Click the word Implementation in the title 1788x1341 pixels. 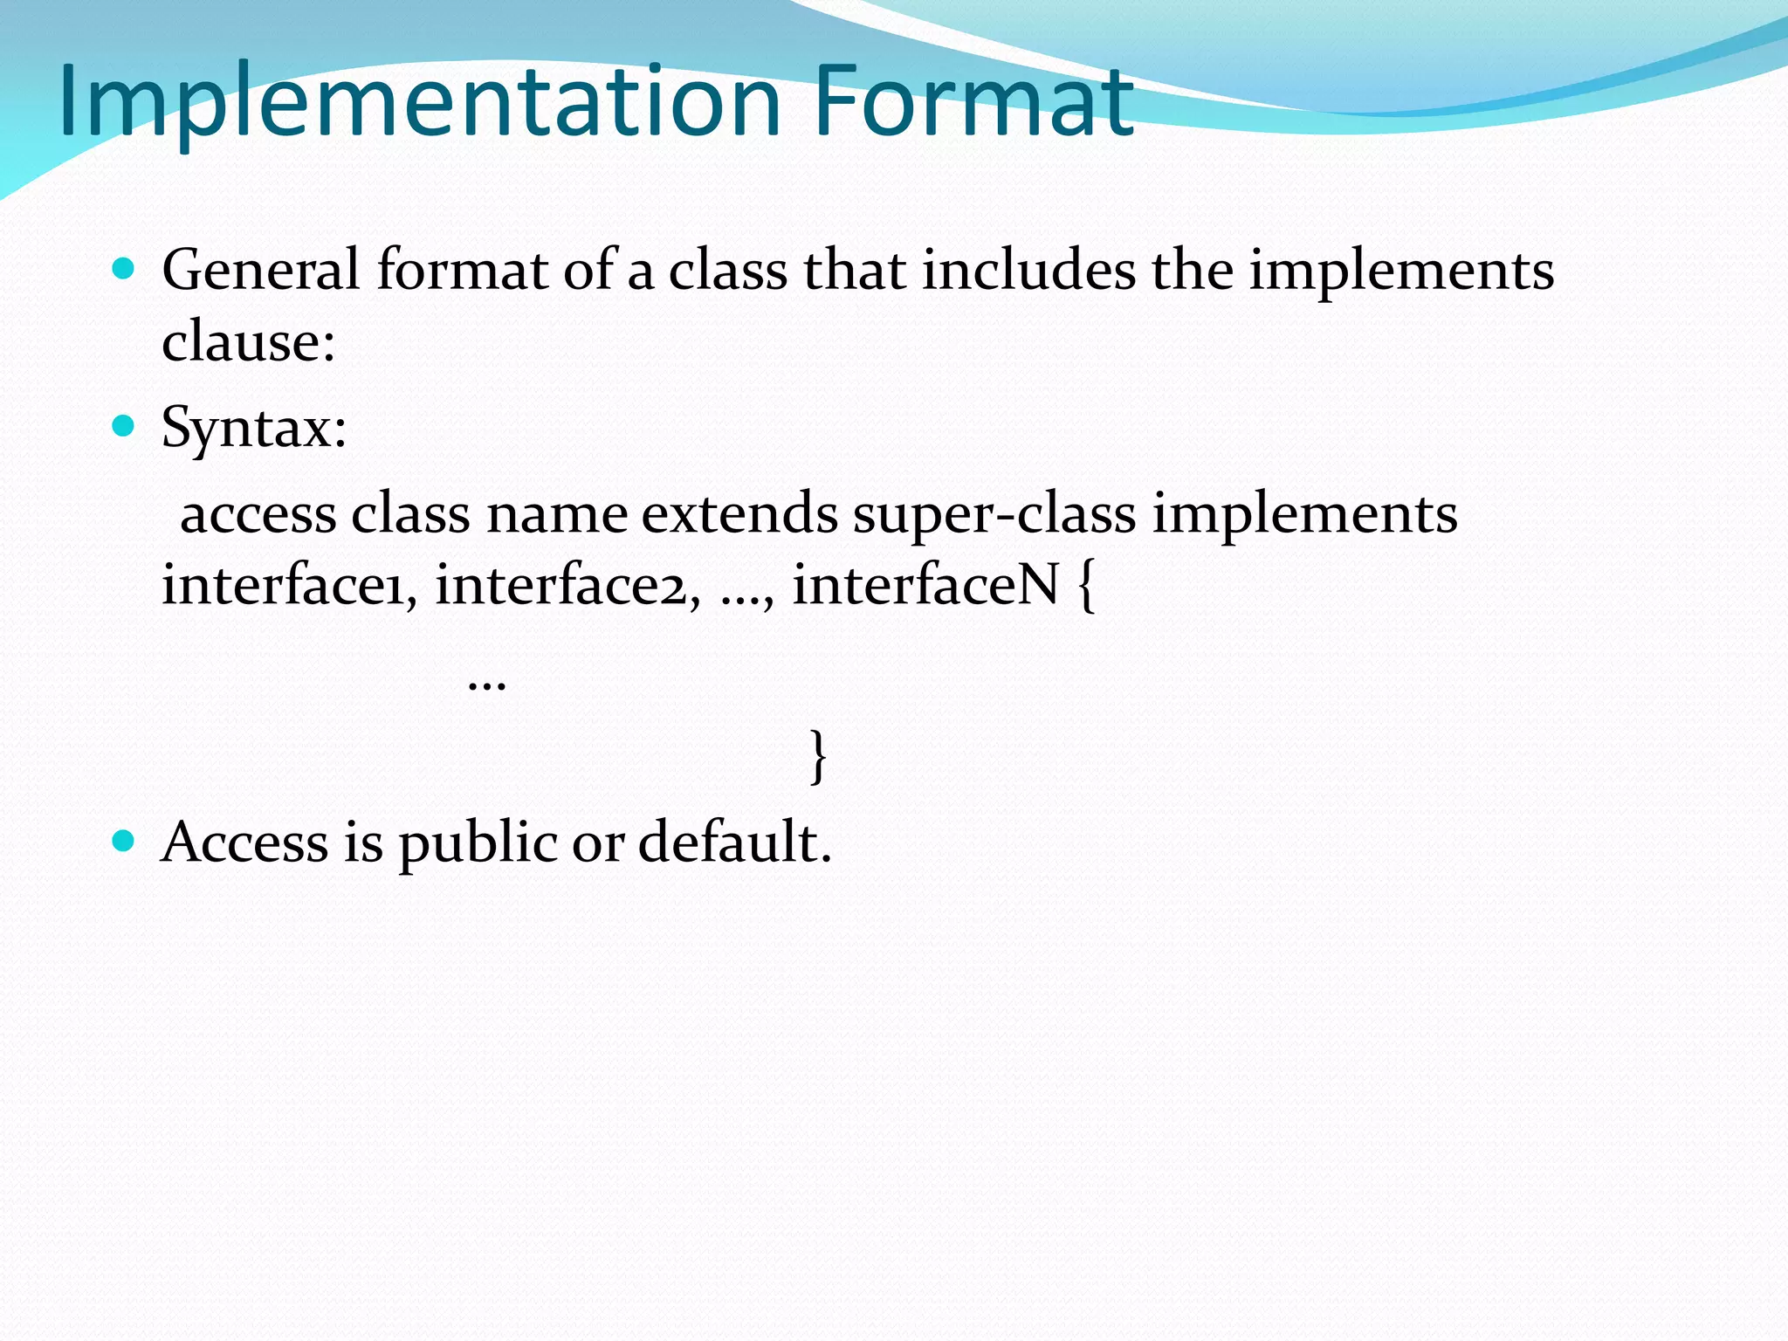point(419,103)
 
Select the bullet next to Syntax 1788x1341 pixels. point(124,426)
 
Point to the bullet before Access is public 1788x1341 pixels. point(124,841)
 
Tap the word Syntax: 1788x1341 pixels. point(254,429)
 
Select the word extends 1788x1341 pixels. point(739,513)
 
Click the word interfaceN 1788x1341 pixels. point(925,584)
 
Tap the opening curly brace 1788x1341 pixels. point(1086,586)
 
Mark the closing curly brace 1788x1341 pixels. point(818,756)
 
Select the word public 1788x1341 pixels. point(478,843)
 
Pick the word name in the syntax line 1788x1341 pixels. point(556,513)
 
